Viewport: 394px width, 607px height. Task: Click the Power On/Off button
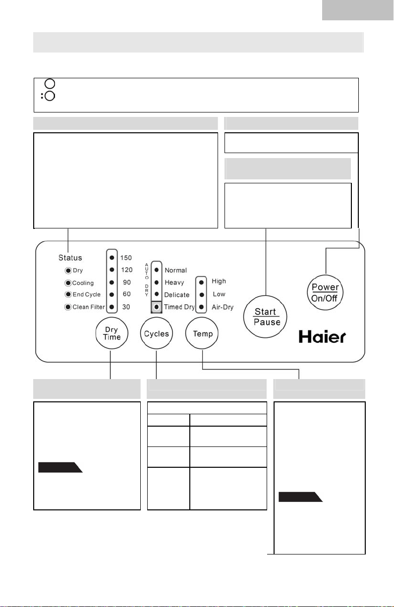coord(325,292)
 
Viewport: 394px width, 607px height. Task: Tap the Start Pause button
coord(265,317)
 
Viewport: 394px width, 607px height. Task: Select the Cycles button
coord(156,333)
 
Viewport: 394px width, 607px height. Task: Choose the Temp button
coord(202,333)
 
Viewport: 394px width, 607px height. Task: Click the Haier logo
coord(322,336)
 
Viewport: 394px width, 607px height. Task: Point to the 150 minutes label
coord(126,258)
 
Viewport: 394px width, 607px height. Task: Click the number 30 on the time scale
coord(126,307)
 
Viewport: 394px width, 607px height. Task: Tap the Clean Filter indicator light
coord(68,307)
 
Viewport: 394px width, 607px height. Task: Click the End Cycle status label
coord(86,294)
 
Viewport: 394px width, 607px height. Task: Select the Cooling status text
coord(83,283)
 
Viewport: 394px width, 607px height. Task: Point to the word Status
coord(70,258)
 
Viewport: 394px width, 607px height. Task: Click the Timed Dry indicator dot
coord(156,307)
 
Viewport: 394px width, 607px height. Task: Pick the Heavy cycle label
coord(174,282)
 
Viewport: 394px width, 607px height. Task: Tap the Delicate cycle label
coord(176,294)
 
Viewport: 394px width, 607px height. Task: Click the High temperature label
coord(219,281)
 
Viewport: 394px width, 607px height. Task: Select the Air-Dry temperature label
coord(223,307)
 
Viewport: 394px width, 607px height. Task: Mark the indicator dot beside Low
coord(201,294)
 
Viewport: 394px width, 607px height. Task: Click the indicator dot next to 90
coord(112,282)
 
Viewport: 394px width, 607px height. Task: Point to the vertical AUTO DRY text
coord(147,279)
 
